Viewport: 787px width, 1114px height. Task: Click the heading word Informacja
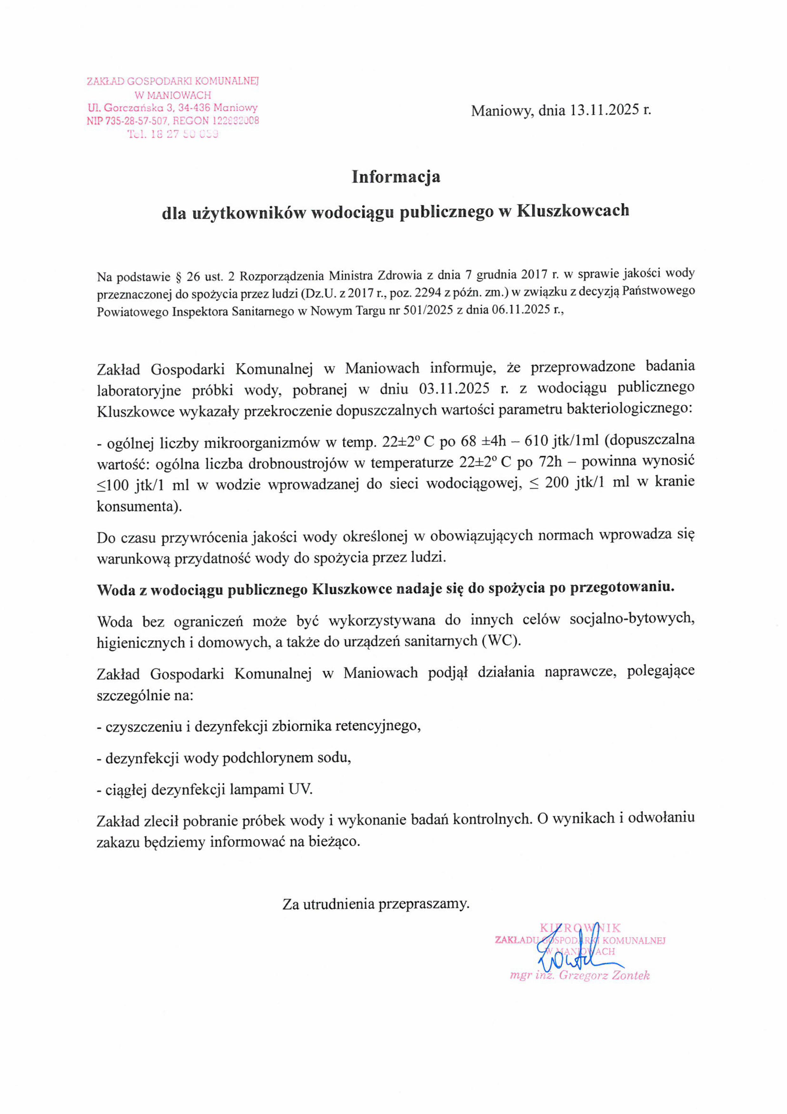396,177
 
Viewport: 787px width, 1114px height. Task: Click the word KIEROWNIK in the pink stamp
580,928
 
